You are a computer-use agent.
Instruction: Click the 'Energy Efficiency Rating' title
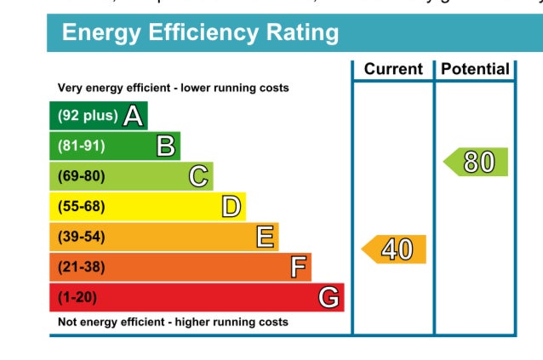tap(201, 34)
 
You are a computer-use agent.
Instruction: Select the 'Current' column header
tap(393, 69)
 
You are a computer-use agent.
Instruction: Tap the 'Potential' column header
tap(476, 69)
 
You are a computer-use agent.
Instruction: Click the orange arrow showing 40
tap(395, 249)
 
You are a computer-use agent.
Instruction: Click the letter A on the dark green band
tap(133, 116)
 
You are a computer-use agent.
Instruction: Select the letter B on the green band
tap(166, 146)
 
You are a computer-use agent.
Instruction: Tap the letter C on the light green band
tap(198, 176)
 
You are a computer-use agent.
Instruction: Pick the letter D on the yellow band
tap(231, 207)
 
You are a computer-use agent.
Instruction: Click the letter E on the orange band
tap(265, 237)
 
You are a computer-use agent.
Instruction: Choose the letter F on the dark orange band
tap(298, 267)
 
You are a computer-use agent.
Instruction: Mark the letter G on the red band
tap(329, 298)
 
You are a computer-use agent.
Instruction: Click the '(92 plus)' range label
tap(87, 116)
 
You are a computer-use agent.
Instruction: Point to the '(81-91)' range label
tap(82, 146)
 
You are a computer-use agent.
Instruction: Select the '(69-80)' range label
tap(82, 176)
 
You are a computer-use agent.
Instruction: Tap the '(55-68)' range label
tap(82, 207)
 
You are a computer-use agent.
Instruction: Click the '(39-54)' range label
tap(82, 237)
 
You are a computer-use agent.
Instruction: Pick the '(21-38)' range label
tap(82, 267)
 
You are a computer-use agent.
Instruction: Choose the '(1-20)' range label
tap(78, 298)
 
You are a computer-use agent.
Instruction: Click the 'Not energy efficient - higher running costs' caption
tap(173, 323)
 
